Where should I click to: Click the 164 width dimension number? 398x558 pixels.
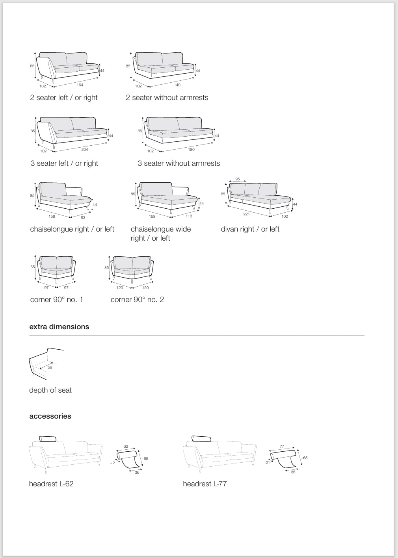80,85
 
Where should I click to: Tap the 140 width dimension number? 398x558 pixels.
177,85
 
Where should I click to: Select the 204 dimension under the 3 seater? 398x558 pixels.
85,150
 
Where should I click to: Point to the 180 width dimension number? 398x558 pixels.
192,150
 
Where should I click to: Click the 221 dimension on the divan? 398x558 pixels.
247,214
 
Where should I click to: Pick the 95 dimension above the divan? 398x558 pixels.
238,179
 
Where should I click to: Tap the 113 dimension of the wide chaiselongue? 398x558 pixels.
189,216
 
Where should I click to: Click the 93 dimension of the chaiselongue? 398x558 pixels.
83,217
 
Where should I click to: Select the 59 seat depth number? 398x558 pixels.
50,367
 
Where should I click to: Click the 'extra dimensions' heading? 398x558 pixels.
59,327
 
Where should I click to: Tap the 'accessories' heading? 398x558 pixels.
50,416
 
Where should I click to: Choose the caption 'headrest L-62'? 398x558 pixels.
51,484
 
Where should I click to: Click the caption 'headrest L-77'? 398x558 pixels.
205,484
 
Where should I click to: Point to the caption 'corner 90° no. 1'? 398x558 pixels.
57,300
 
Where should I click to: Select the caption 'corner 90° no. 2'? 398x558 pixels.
137,300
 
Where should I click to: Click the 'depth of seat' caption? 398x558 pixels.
50,390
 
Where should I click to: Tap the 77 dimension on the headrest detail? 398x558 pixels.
282,447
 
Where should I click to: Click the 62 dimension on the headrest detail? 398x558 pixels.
126,447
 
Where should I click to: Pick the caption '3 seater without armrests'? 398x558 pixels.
179,163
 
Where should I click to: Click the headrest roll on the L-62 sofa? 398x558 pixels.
48,439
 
